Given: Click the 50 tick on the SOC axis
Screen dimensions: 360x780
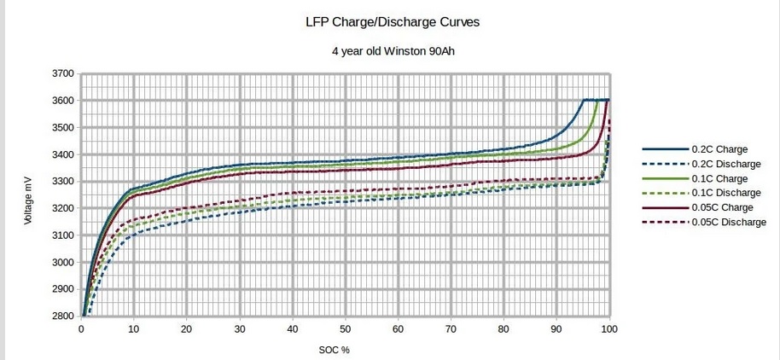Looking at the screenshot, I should click(x=346, y=329).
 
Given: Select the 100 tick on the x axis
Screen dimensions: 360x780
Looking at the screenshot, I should click(x=609, y=329).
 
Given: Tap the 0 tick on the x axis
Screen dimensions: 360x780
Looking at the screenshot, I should click(x=82, y=329).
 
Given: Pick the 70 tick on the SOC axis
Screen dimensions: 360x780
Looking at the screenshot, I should click(x=451, y=329).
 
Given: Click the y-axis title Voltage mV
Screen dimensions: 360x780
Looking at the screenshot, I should click(x=28, y=195).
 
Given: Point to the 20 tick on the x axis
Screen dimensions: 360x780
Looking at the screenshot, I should click(x=188, y=329).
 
